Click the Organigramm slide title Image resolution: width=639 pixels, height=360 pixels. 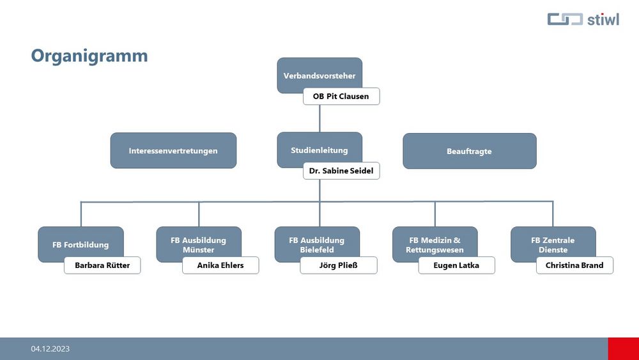pyautogui.click(x=89, y=56)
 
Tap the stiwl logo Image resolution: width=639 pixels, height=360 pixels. pyautogui.click(x=583, y=19)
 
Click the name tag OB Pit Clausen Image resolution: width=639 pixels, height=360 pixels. pyautogui.click(x=341, y=96)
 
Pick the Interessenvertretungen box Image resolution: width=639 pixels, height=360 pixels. pyautogui.click(x=173, y=150)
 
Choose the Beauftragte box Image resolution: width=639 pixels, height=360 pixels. pyautogui.click(x=470, y=151)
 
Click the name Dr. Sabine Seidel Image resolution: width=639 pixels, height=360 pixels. pyautogui.click(x=341, y=171)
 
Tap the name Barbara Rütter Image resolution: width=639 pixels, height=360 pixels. pyautogui.click(x=102, y=265)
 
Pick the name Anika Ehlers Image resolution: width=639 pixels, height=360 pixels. pyautogui.click(x=220, y=265)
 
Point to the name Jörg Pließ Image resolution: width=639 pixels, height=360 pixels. pyautogui.click(x=339, y=265)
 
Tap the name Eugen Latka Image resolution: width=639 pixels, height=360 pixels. pyautogui.click(x=456, y=265)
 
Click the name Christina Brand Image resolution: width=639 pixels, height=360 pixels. pyautogui.click(x=574, y=265)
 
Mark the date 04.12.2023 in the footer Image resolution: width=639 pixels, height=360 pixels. pyautogui.click(x=50, y=349)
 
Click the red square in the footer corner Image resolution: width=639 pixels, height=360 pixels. pyautogui.click(x=624, y=348)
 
